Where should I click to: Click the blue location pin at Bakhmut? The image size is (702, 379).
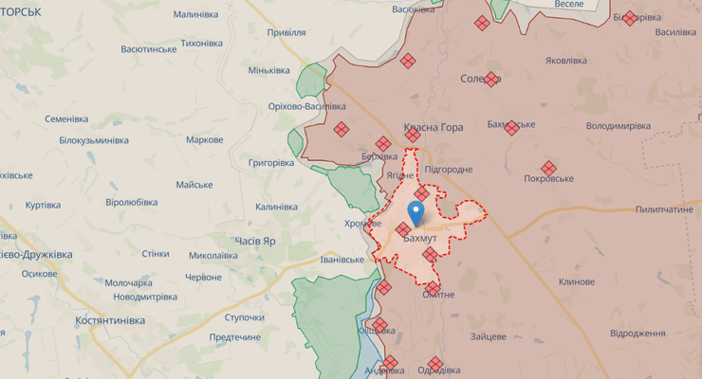(416, 211)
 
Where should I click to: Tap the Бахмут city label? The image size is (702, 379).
(419, 238)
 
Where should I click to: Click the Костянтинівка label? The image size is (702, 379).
(110, 320)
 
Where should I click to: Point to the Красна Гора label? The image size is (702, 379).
(433, 127)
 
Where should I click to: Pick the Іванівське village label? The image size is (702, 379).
(342, 260)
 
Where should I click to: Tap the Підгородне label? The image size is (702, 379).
(449, 169)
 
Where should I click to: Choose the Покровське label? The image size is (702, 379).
(549, 179)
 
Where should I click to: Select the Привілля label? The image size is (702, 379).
(286, 32)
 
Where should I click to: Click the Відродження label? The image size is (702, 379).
(637, 334)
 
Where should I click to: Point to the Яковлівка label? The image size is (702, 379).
(565, 61)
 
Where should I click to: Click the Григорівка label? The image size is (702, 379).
(271, 162)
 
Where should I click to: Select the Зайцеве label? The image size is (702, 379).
(488, 336)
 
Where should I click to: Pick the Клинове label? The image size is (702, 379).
(577, 281)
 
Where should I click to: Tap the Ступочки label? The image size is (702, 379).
(244, 317)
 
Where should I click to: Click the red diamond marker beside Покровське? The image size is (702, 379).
(548, 168)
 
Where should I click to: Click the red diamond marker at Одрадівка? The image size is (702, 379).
(435, 363)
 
